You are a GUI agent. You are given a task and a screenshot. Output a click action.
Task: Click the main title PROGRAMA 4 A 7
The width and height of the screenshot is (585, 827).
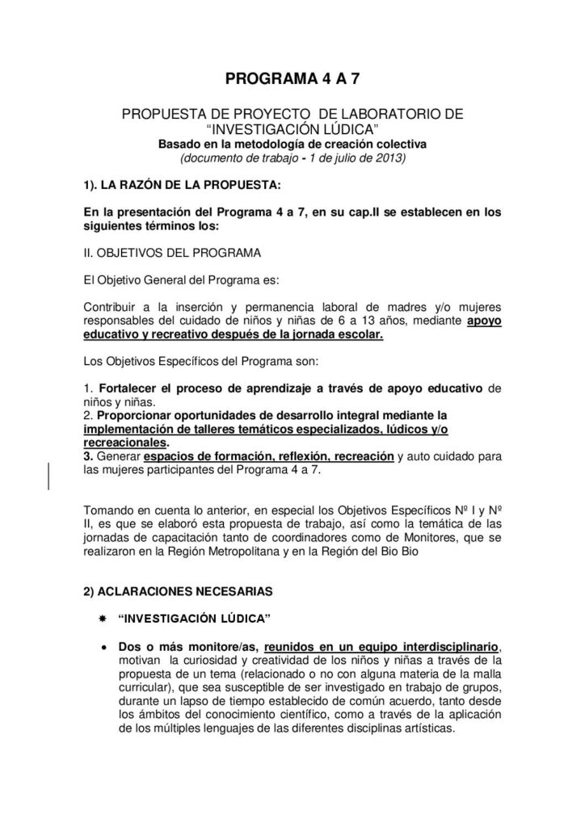pyautogui.click(x=292, y=79)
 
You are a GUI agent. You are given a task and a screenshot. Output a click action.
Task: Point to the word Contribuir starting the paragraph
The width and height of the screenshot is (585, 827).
pyautogui.click(x=112, y=307)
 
